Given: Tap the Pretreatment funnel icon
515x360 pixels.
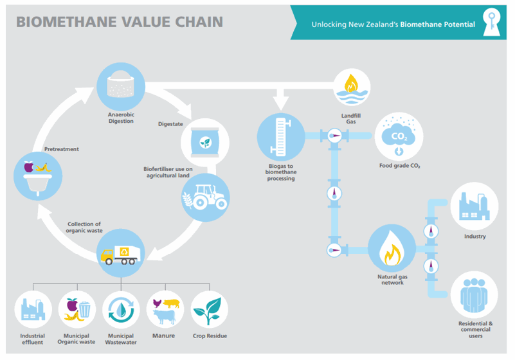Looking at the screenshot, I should pyautogui.click(x=37, y=173).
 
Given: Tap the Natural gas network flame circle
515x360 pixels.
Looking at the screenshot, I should pyautogui.click(x=391, y=249).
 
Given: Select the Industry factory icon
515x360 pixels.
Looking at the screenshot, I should pyautogui.click(x=474, y=207).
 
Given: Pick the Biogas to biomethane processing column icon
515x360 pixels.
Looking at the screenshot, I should pyautogui.click(x=280, y=136).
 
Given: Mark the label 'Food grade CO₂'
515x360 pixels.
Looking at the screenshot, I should pyautogui.click(x=399, y=166).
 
